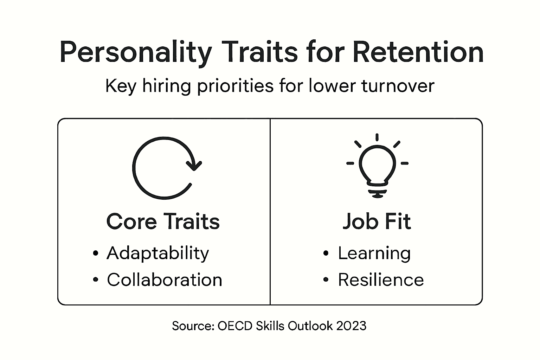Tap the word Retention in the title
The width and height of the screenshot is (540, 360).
(418, 52)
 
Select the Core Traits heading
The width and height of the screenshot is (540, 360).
(163, 221)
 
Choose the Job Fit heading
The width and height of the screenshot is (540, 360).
(377, 221)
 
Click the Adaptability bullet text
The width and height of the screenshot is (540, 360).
(158, 253)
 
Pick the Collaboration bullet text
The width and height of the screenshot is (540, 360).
(165, 280)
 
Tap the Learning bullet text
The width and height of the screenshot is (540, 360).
(374, 253)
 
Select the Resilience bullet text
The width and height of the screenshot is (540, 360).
(381, 280)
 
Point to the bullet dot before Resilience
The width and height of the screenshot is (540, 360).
(326, 280)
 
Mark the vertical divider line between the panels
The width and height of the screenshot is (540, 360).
(270, 211)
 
